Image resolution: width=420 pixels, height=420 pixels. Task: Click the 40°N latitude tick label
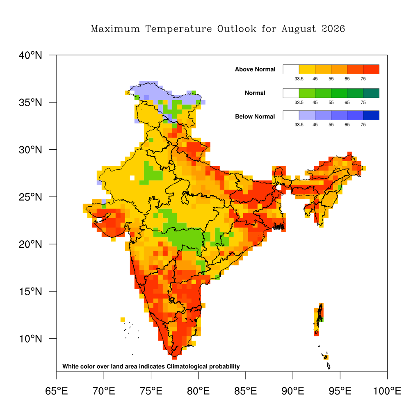tap(30, 55)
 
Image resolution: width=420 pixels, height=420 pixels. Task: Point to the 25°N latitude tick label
tap(30, 197)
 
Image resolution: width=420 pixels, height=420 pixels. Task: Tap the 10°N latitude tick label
tap(30, 339)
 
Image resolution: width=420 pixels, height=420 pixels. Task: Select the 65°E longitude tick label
tap(57, 391)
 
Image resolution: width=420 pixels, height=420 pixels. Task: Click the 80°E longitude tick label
tap(198, 391)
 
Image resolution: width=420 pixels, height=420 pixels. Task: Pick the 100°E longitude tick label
tap(387, 391)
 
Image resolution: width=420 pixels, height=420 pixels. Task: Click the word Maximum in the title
tap(115, 29)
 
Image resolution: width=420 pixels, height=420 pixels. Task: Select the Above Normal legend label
tap(255, 69)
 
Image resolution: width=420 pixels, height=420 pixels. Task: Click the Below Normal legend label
tap(255, 116)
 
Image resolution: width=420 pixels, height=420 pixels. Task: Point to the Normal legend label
tap(255, 93)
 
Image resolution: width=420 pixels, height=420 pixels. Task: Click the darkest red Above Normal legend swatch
tap(371, 69)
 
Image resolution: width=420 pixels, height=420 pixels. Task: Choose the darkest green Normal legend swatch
tap(371, 93)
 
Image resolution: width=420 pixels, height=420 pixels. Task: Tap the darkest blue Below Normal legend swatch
tap(371, 115)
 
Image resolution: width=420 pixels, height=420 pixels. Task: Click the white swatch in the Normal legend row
tap(291, 93)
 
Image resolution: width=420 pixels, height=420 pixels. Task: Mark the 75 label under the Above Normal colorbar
tap(363, 79)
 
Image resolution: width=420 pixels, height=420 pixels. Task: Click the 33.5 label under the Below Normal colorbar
tap(299, 125)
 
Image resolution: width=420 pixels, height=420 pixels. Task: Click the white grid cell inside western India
tap(132, 178)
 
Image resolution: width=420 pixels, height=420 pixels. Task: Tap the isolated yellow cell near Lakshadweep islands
tap(123, 320)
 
